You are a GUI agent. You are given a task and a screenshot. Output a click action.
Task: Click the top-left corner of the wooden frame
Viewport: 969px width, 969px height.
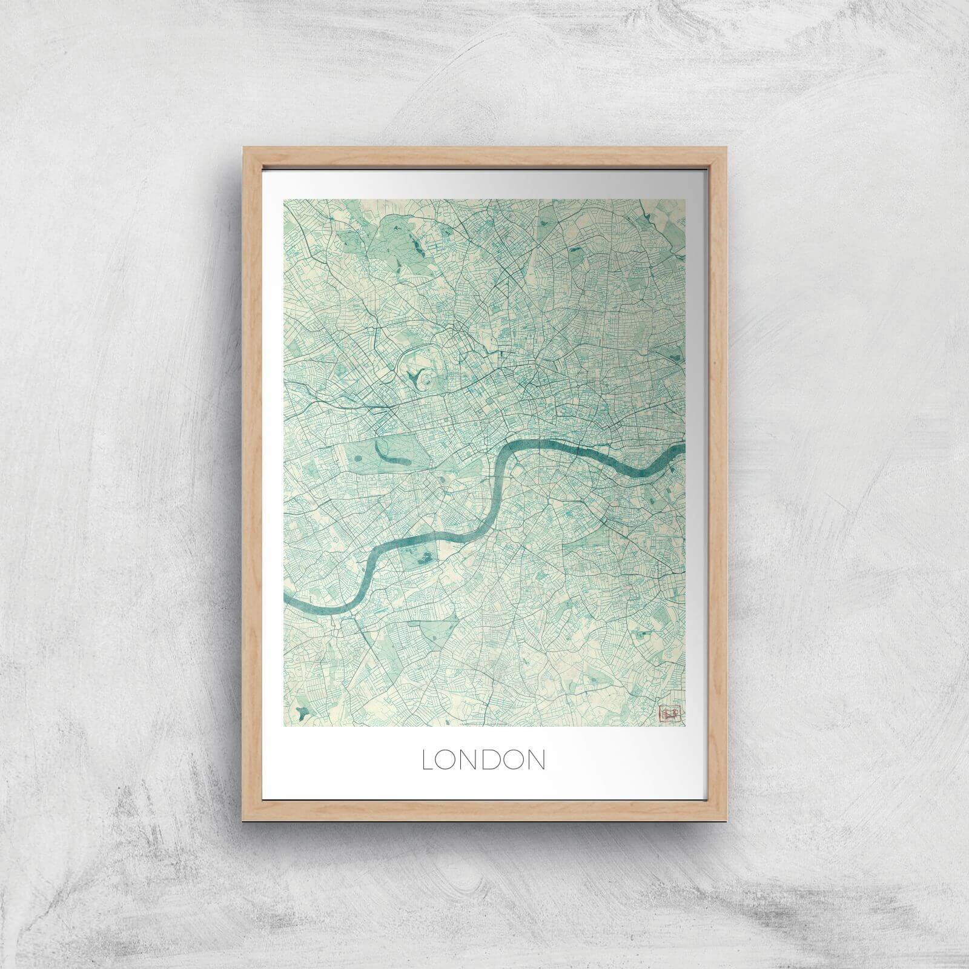pos(243,147)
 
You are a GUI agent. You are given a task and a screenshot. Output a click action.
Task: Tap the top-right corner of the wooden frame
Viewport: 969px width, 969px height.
pos(725,147)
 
